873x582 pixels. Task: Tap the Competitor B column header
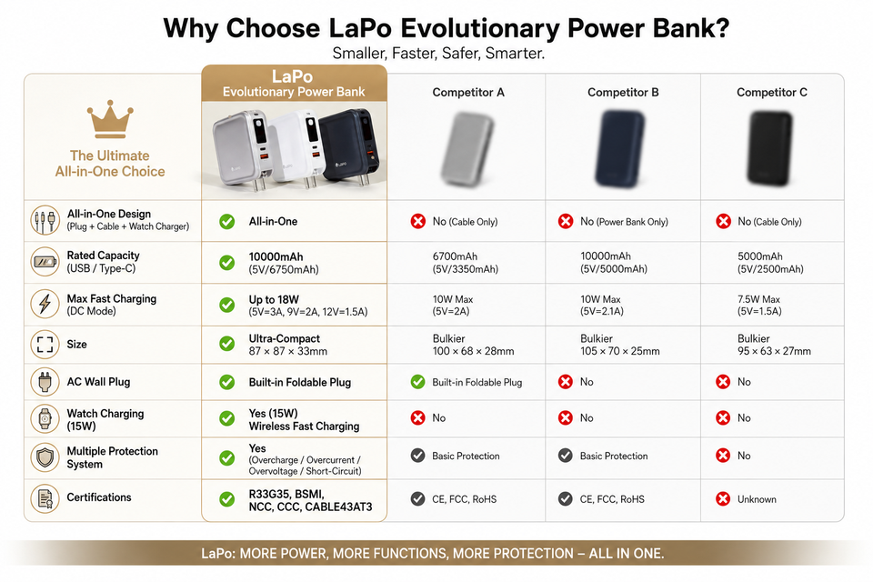tap(623, 93)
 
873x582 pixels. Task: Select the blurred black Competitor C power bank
tap(770, 148)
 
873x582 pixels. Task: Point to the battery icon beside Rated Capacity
tap(45, 261)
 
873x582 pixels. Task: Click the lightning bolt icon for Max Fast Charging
tap(45, 304)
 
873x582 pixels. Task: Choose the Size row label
tap(76, 344)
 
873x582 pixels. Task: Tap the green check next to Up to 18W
tap(226, 305)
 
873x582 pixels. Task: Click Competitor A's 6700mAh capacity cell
tap(466, 262)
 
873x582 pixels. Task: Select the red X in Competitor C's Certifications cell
tap(723, 499)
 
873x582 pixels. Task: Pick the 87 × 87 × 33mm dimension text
tap(288, 351)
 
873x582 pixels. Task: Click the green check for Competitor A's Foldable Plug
tap(417, 382)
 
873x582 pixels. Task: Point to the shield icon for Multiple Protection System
tap(45, 457)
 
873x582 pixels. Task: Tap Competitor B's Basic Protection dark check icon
tap(565, 456)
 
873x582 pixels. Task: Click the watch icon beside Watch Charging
tap(45, 419)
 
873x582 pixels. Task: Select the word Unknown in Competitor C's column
tap(757, 499)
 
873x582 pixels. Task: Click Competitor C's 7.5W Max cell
tap(759, 306)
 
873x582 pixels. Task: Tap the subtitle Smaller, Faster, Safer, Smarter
tap(438, 54)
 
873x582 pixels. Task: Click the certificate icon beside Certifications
tap(45, 498)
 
